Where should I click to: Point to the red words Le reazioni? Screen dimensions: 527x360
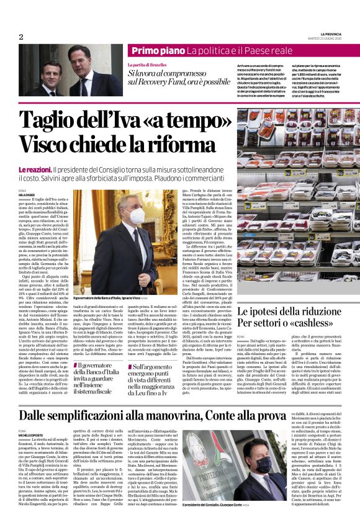tap(34, 153)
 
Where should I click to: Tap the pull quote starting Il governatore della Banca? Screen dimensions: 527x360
tap(100, 366)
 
